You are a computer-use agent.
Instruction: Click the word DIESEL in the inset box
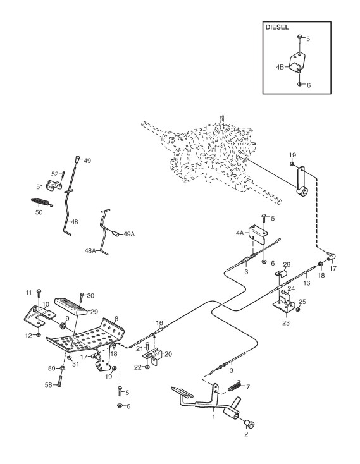(x=277, y=27)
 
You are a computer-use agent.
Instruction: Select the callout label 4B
(x=280, y=67)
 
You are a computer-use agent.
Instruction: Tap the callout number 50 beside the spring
(x=39, y=212)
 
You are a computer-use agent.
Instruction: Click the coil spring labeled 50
(x=42, y=202)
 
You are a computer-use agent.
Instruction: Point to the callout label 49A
(x=129, y=234)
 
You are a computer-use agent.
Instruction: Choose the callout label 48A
(x=90, y=251)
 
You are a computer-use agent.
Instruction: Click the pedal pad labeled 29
(x=71, y=307)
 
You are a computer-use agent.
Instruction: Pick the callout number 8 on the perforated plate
(x=116, y=319)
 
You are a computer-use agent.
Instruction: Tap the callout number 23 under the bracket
(x=286, y=322)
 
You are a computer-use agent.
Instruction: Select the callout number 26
(x=287, y=264)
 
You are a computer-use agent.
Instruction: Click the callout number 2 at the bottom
(x=246, y=434)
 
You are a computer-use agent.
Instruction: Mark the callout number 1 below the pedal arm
(x=213, y=417)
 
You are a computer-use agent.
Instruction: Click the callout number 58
(x=48, y=385)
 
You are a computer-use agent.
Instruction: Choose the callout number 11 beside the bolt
(x=28, y=293)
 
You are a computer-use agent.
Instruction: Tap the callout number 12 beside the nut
(x=28, y=336)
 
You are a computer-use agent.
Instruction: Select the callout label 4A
(x=240, y=233)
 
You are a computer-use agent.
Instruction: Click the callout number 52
(x=55, y=174)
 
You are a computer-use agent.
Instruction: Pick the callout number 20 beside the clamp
(x=168, y=354)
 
